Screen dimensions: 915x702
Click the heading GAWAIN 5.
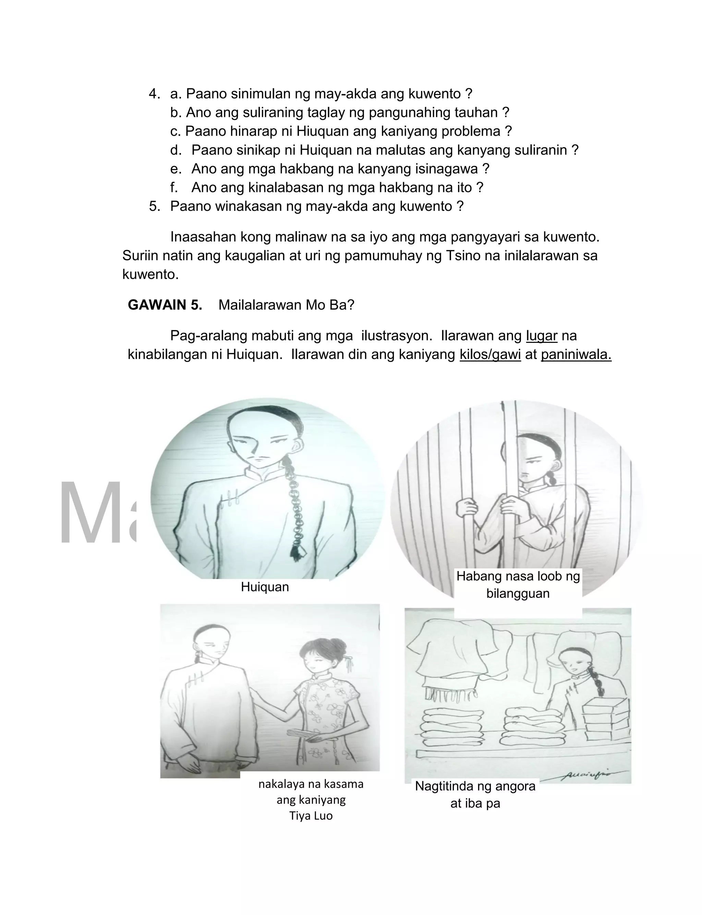165,305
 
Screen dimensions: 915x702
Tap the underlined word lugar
541,336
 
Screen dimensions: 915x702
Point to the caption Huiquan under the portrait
265,587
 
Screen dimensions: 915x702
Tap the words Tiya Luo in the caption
311,816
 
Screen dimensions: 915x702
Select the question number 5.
154,206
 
